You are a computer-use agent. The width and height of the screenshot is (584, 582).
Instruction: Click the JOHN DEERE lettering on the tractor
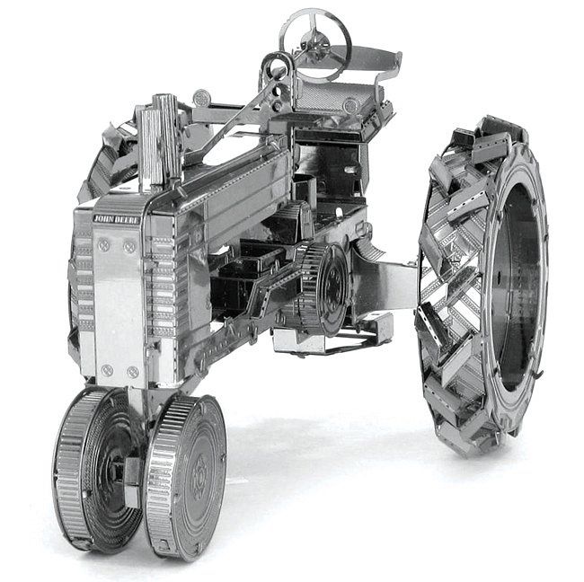(x=117, y=218)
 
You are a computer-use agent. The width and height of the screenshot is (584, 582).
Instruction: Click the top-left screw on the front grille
(x=104, y=244)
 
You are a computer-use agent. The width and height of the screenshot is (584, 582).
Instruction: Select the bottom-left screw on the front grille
(x=107, y=369)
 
